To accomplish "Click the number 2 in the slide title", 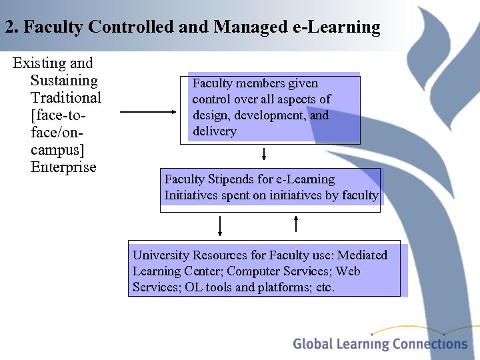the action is pyautogui.click(x=9, y=27).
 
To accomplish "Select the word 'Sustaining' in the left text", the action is pyautogui.click(x=64, y=81).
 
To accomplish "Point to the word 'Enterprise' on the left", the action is pyautogui.click(x=63, y=167).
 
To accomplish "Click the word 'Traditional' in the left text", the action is pyautogui.click(x=66, y=98).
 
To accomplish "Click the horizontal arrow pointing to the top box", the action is pyautogui.click(x=146, y=113).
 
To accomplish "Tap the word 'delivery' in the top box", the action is pyautogui.click(x=215, y=131).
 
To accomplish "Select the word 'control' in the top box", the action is pyautogui.click(x=209, y=99).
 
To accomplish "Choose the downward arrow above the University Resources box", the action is pyautogui.click(x=219, y=226).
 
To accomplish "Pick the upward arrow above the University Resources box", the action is pyautogui.click(x=296, y=223).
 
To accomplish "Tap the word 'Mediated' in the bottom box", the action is pyautogui.click(x=362, y=255).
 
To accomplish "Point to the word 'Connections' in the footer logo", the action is pyautogui.click(x=429, y=344).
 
